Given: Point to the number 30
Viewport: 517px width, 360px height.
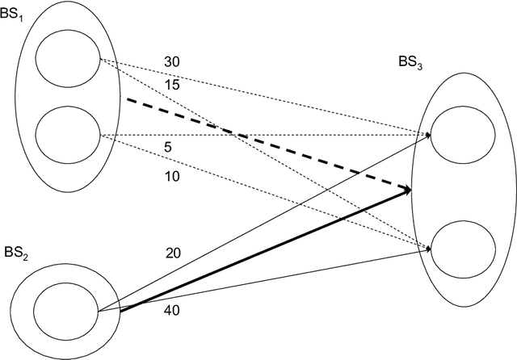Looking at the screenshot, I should click(172, 61).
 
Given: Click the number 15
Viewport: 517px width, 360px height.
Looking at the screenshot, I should click(172, 84).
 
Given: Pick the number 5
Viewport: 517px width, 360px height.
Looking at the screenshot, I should click(168, 148).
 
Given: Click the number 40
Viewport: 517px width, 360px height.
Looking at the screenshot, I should click(172, 310).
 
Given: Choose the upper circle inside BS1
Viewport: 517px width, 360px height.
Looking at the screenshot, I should click(69, 59).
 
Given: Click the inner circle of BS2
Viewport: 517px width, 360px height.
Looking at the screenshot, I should click(65, 311).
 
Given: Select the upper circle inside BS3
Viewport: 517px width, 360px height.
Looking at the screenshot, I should click(463, 136).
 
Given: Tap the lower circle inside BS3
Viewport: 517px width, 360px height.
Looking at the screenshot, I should click(463, 249).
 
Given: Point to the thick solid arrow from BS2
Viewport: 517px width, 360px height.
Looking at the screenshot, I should click(267, 250).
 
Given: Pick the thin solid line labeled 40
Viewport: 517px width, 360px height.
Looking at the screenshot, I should click(267, 280).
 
